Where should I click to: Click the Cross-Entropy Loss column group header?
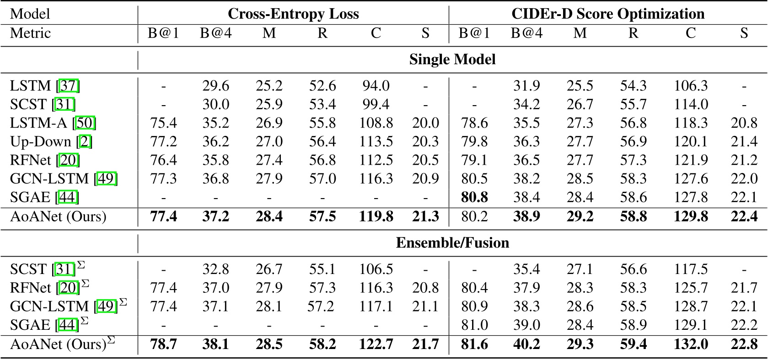pyautogui.click(x=293, y=14)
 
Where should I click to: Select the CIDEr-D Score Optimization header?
pyautogui.click(x=608, y=14)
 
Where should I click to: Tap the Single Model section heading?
pyautogui.click(x=452, y=59)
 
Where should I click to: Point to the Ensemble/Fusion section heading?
pyautogui.click(x=452, y=242)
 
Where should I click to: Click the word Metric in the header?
pyautogui.click(x=30, y=33)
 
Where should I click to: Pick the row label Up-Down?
pyautogui.click(x=41, y=141)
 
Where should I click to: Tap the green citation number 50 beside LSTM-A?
pyautogui.click(x=86, y=123)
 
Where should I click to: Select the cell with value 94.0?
pyautogui.click(x=376, y=86)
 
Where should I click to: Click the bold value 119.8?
pyautogui.click(x=376, y=216)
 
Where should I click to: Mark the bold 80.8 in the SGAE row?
pyautogui.click(x=474, y=197)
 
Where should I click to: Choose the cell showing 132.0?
pyautogui.click(x=690, y=344)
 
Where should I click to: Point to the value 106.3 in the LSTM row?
pyautogui.click(x=690, y=86)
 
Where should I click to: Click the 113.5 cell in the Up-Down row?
pyautogui.click(x=376, y=141)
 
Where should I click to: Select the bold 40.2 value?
pyautogui.click(x=526, y=344)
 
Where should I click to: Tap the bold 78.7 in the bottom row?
pyautogui.click(x=163, y=344)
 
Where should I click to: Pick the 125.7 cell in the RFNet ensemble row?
pyautogui.click(x=690, y=288)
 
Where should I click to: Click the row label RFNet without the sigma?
pyautogui.click(x=31, y=160)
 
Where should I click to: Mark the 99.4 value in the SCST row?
pyautogui.click(x=376, y=104)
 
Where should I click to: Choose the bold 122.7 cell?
pyautogui.click(x=376, y=344)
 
